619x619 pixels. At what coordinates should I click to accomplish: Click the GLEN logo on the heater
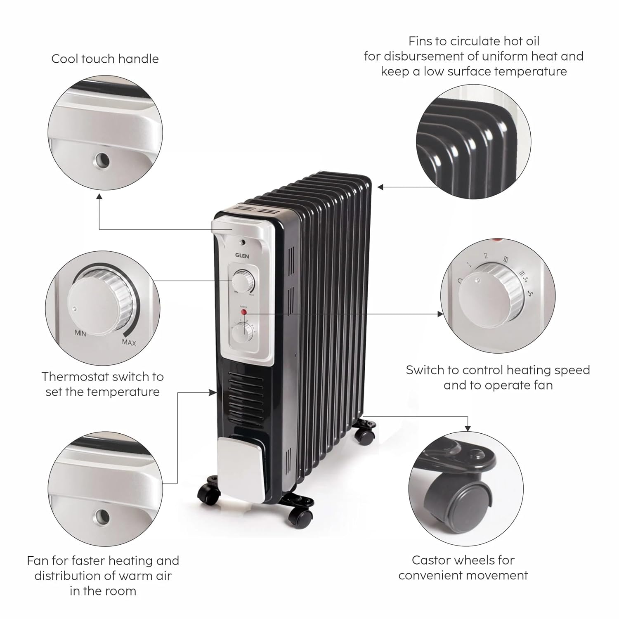click(242, 256)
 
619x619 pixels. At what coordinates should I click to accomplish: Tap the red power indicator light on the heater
click(243, 312)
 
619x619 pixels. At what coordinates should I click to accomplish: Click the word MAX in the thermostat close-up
click(129, 342)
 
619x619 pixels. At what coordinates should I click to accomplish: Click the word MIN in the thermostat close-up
click(80, 333)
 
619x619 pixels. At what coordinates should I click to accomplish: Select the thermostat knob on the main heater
click(242, 281)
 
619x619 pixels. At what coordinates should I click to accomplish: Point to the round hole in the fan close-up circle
click(102, 515)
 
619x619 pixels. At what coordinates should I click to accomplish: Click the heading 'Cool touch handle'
click(105, 59)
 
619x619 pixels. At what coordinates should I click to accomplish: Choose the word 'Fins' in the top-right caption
click(420, 41)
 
